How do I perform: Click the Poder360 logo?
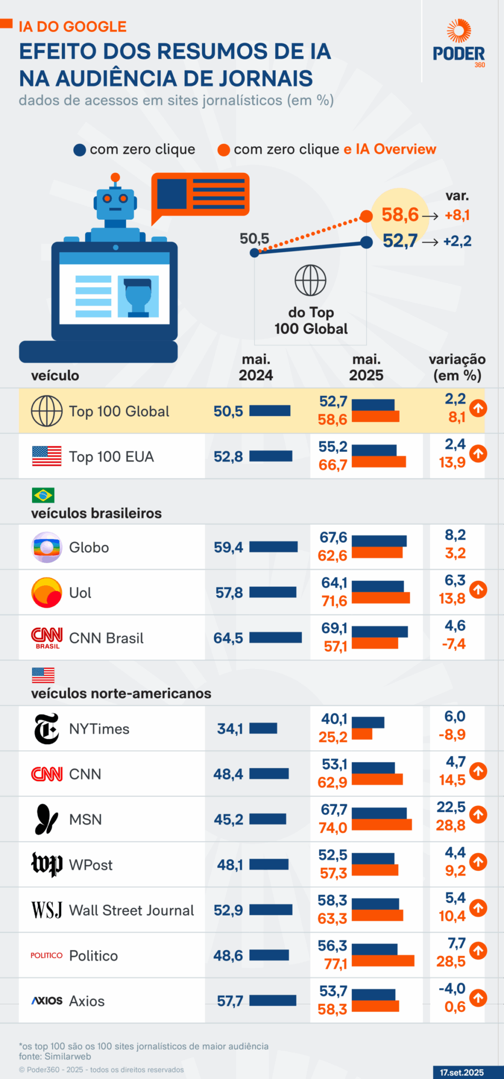(x=459, y=44)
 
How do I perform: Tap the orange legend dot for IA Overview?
(x=224, y=150)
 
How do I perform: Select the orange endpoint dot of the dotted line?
(x=366, y=216)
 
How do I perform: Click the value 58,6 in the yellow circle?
(x=400, y=215)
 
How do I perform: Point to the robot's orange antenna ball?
(x=115, y=177)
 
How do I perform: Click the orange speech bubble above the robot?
(x=201, y=194)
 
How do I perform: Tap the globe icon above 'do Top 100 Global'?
(x=310, y=280)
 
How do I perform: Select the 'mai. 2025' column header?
(x=366, y=367)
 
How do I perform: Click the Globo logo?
(x=47, y=547)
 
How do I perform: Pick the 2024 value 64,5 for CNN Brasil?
(x=228, y=638)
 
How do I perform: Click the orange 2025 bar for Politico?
(x=383, y=961)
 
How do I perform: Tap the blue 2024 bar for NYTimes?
(x=263, y=729)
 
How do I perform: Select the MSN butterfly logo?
(x=46, y=819)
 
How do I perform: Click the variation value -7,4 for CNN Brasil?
(x=454, y=644)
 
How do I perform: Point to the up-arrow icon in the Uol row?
(x=478, y=589)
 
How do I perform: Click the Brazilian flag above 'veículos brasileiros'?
(x=43, y=495)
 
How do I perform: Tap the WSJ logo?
(x=47, y=910)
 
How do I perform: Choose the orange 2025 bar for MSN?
(x=381, y=825)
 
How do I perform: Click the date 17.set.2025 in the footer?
(x=462, y=1072)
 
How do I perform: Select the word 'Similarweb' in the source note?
(x=67, y=1056)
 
